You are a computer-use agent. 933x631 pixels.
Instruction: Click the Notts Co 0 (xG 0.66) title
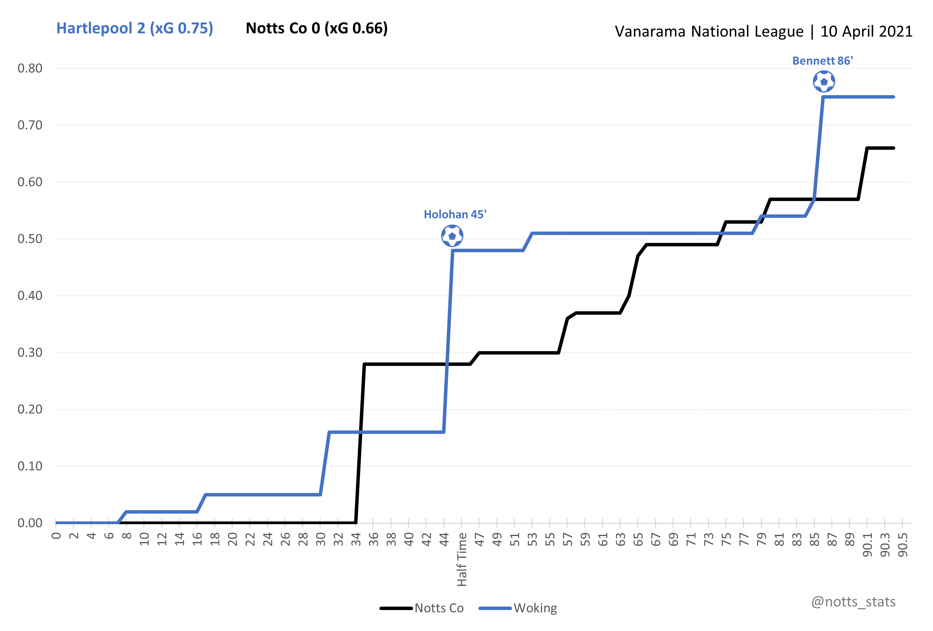tap(316, 29)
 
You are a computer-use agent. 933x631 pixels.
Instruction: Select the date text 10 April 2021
tap(866, 31)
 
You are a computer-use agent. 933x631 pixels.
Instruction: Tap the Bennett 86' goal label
tap(822, 60)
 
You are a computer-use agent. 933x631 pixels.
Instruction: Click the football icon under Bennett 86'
tap(824, 81)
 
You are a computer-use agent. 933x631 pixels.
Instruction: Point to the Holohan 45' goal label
tap(455, 214)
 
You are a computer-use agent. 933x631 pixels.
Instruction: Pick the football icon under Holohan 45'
tap(452, 236)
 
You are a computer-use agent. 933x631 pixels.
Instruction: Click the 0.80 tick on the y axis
tap(30, 68)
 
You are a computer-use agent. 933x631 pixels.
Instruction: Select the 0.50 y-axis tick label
tap(30, 239)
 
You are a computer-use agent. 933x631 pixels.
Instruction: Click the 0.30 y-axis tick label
tap(30, 352)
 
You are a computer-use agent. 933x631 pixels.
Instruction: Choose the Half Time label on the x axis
tap(462, 559)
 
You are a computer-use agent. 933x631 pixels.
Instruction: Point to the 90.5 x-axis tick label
tap(903, 545)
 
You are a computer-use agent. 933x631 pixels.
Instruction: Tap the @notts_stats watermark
tap(853, 602)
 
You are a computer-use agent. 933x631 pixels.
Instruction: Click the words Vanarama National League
tap(709, 31)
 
